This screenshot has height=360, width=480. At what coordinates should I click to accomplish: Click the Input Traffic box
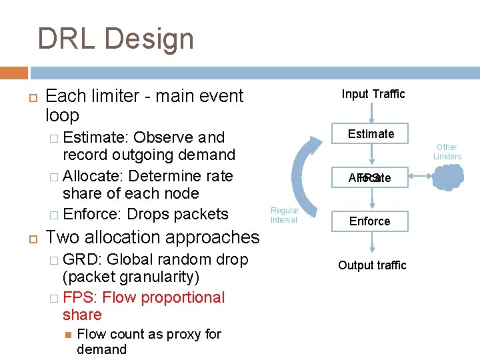pos(373,94)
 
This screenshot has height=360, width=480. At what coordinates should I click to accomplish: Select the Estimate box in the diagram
pos(371,134)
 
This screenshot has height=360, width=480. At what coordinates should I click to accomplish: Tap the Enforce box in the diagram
pos(370,221)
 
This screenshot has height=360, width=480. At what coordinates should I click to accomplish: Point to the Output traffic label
pos(372,265)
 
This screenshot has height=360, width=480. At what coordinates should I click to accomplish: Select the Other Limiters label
pos(447,152)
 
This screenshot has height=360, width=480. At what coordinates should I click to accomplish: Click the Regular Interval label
pos(285,215)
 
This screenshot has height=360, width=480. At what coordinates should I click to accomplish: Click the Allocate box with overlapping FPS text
pos(369,178)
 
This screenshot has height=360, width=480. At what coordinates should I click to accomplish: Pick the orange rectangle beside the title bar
pos(13,72)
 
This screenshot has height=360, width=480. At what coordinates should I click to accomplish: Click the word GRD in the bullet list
pos(81,259)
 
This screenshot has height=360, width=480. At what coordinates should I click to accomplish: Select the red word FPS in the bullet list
pos(80,297)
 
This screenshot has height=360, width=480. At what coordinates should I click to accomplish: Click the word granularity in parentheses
pos(161,277)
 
